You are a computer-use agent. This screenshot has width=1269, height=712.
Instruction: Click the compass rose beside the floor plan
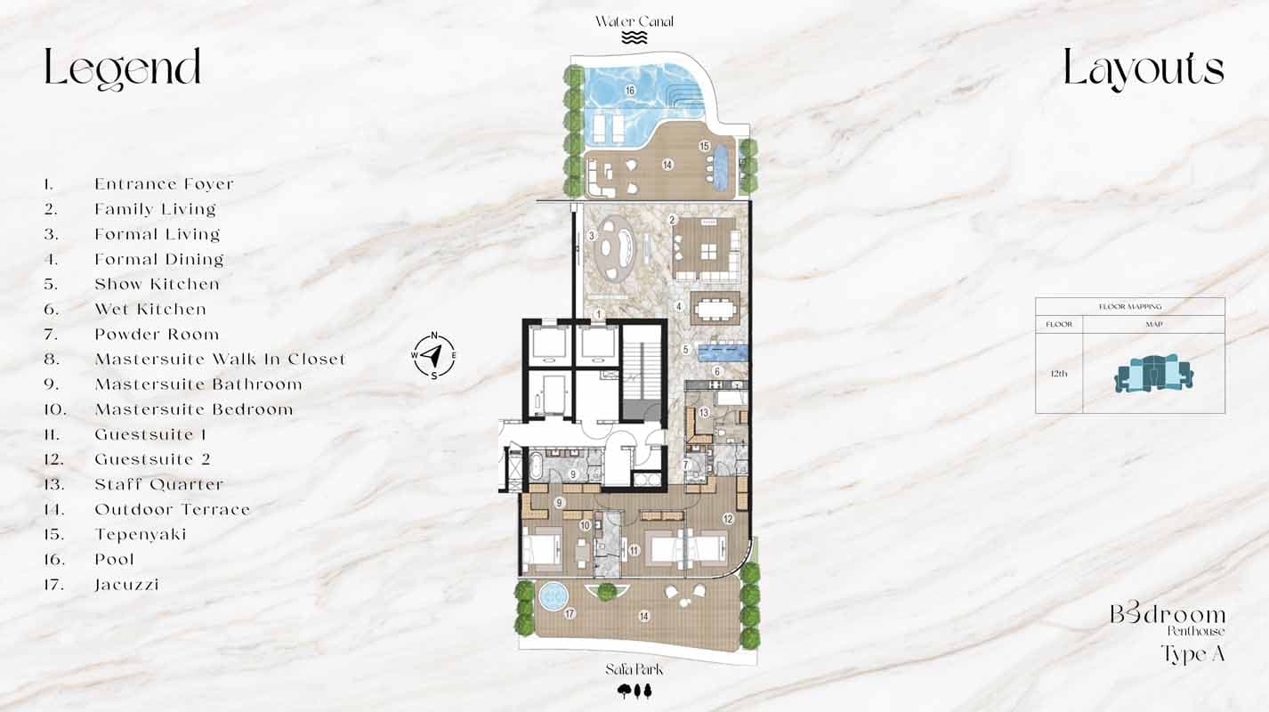(x=433, y=355)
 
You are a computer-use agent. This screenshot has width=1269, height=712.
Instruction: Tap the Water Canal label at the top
(x=634, y=21)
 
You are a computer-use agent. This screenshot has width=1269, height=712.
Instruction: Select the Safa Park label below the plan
(x=634, y=669)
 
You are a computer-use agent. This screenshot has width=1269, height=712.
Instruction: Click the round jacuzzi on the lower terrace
(x=554, y=594)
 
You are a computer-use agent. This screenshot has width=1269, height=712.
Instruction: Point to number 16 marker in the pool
(x=629, y=91)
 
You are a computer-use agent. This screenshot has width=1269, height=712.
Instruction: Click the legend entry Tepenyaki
(x=141, y=535)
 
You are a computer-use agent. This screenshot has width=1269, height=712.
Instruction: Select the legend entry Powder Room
(x=157, y=335)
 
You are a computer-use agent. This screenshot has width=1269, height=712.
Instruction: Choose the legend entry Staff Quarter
(x=158, y=485)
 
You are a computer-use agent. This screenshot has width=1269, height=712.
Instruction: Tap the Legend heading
(x=123, y=69)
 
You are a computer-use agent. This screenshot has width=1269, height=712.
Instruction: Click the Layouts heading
(x=1144, y=69)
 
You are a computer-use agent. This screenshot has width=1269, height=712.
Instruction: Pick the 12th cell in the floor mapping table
(x=1058, y=374)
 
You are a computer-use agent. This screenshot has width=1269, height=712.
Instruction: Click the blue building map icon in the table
(x=1152, y=374)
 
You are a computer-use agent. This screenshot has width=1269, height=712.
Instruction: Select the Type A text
(x=1192, y=654)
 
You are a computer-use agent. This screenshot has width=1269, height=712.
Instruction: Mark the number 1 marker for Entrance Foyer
(x=599, y=313)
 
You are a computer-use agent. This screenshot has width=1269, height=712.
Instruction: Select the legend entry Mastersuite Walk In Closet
(x=220, y=360)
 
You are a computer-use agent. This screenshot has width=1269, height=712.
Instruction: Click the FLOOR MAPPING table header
(x=1129, y=307)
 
